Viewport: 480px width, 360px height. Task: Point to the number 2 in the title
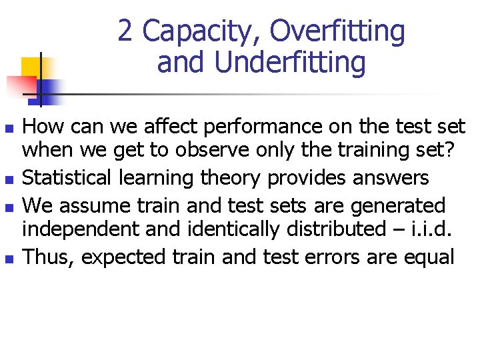click(x=125, y=31)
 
